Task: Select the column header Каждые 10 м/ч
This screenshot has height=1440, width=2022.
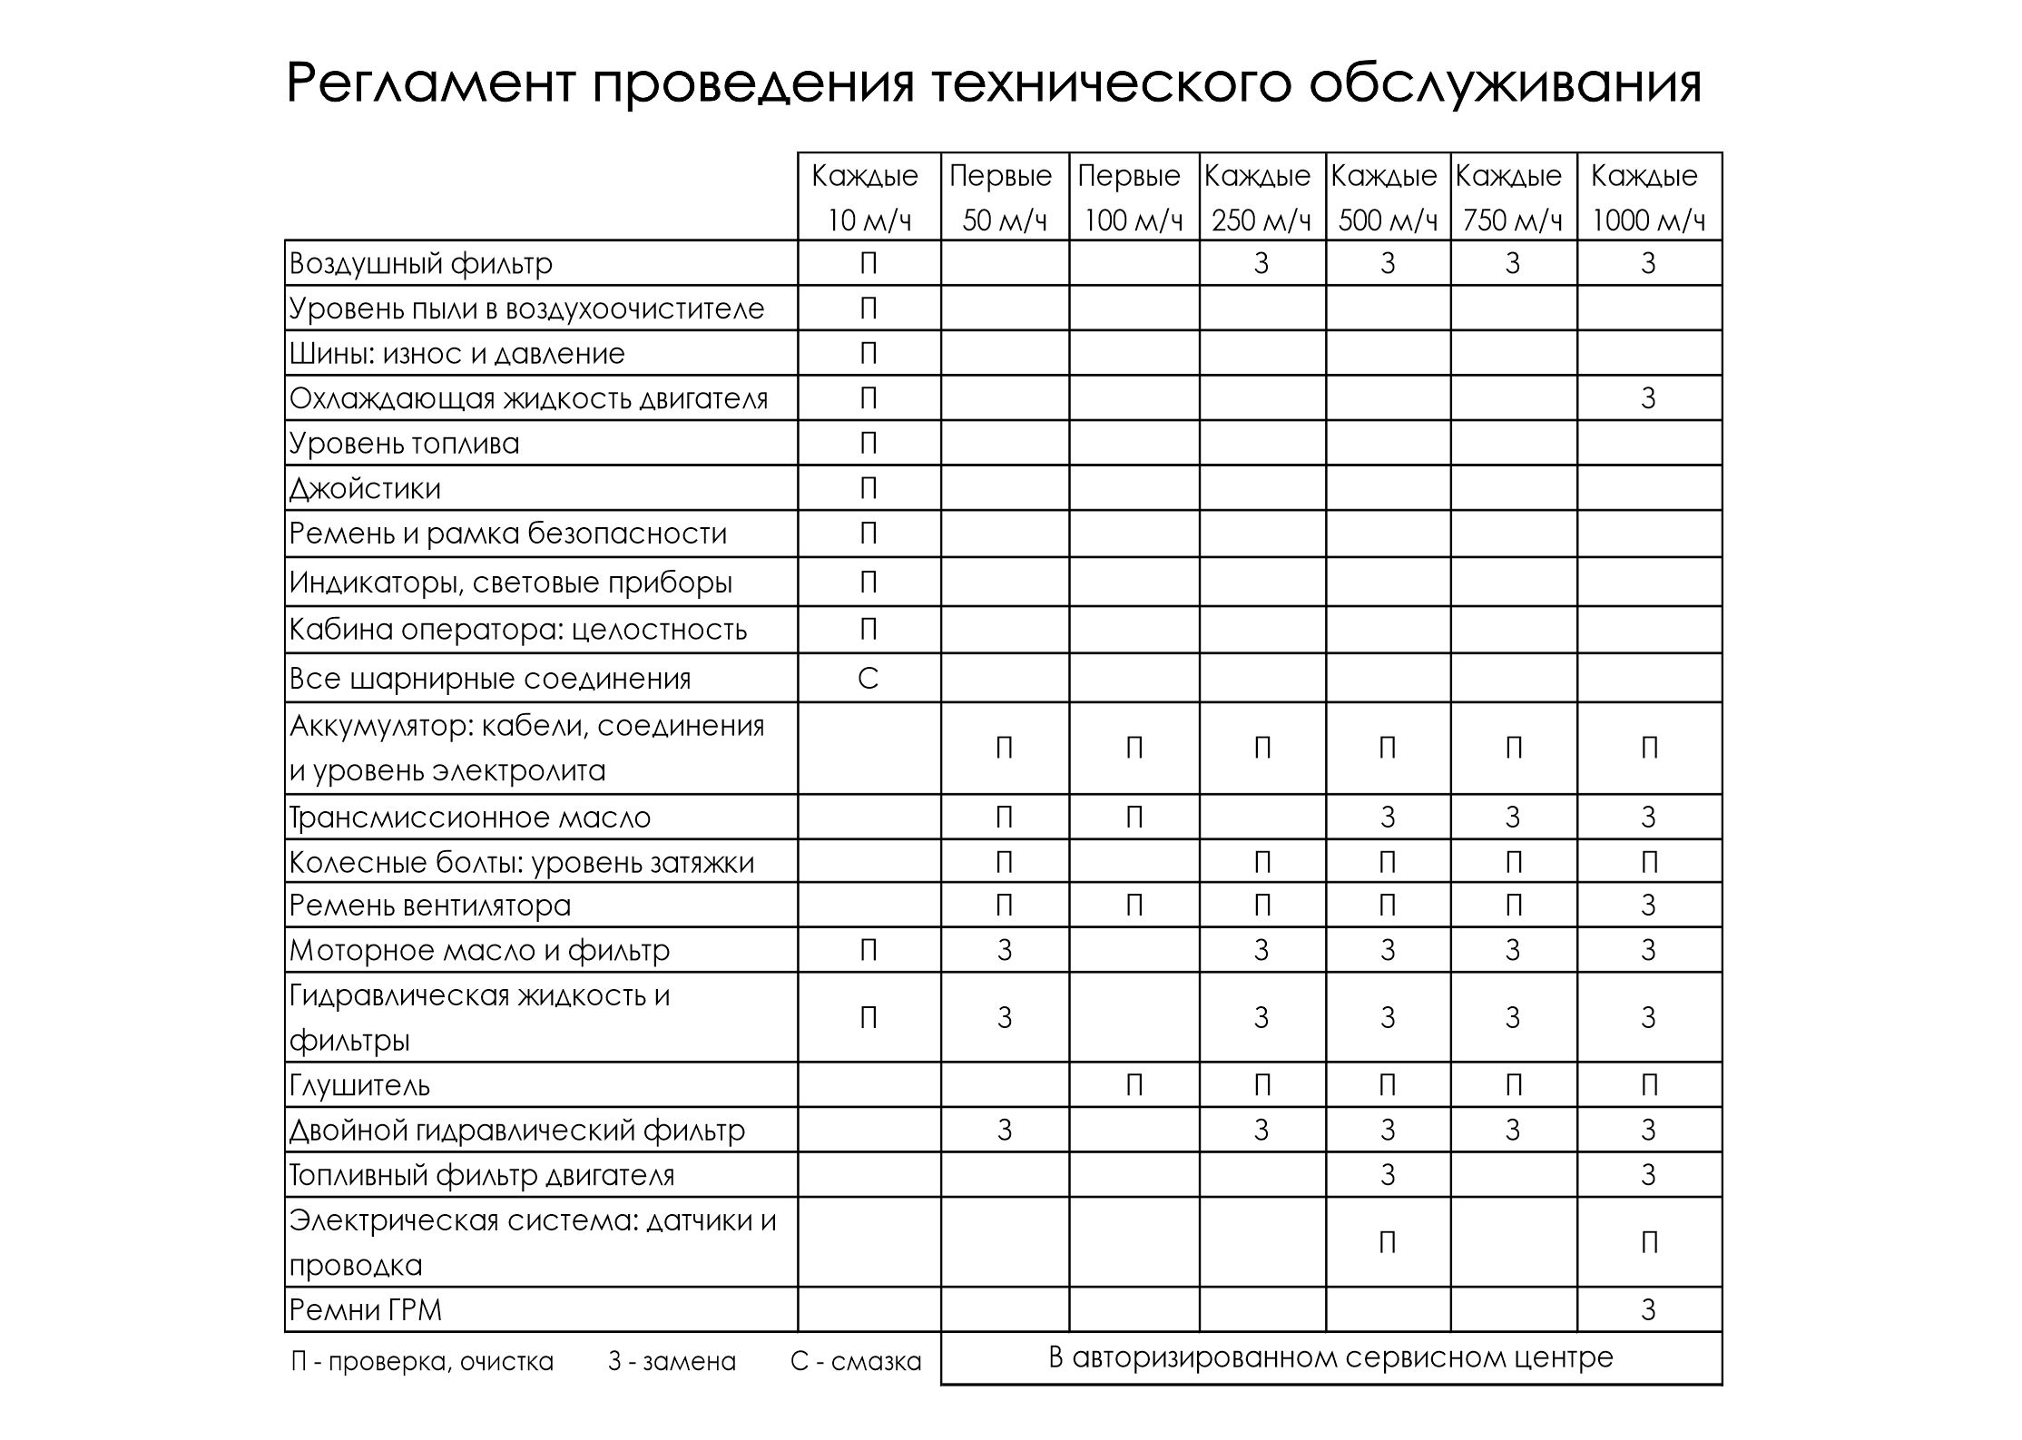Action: tap(868, 197)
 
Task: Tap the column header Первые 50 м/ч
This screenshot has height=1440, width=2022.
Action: tap(1003, 197)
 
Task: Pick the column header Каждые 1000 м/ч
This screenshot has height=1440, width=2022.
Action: tap(1647, 197)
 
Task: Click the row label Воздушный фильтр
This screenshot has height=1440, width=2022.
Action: tap(421, 264)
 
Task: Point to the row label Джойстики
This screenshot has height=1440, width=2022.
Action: tap(365, 489)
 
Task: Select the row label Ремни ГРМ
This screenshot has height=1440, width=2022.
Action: tap(365, 1310)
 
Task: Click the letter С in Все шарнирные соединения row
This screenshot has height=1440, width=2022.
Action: tap(868, 679)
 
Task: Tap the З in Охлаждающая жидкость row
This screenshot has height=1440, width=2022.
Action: tap(1648, 399)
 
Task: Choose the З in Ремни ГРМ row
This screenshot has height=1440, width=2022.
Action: tap(1648, 1310)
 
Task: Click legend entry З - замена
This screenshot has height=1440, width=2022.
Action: tap(672, 1362)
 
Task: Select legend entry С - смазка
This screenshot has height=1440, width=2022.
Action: tap(855, 1362)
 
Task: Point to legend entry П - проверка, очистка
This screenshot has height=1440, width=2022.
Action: tap(422, 1362)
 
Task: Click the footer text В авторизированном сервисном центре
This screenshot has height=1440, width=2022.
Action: tap(1330, 1358)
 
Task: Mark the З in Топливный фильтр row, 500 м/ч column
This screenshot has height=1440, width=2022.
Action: tap(1387, 1175)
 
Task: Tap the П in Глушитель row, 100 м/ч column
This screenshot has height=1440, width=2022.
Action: tap(1134, 1085)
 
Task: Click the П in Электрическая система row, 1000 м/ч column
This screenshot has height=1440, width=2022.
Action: tap(1649, 1242)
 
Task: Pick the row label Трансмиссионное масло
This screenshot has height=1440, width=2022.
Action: tap(469, 818)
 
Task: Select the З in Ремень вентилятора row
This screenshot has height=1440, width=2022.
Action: tap(1648, 906)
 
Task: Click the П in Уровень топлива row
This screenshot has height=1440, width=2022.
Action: tap(868, 444)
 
